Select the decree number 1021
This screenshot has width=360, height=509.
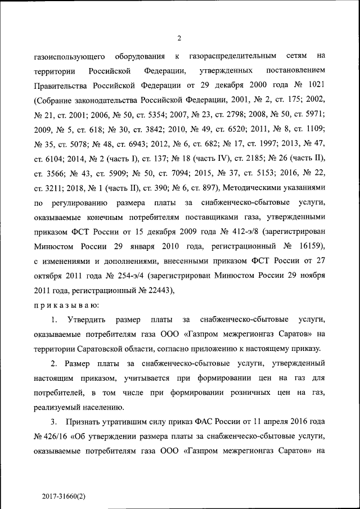314,86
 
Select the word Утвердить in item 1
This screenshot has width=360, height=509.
87,320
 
